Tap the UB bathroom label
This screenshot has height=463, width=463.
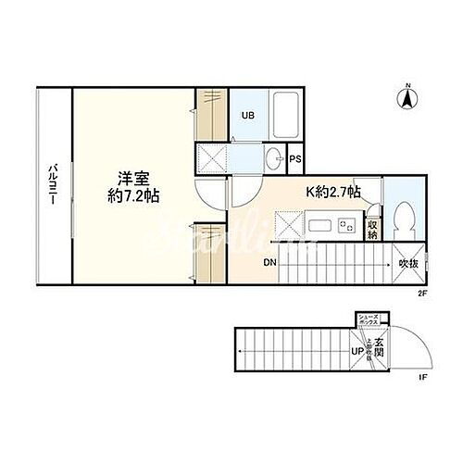pyautogui.click(x=247, y=116)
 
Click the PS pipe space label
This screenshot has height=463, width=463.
pyautogui.click(x=295, y=159)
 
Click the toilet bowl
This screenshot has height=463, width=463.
pyautogui.click(x=402, y=219)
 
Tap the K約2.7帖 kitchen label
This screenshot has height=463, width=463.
pyautogui.click(x=333, y=193)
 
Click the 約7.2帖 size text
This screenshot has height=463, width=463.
pyautogui.click(x=131, y=196)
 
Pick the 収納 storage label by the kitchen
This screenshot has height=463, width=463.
pyautogui.click(x=371, y=228)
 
